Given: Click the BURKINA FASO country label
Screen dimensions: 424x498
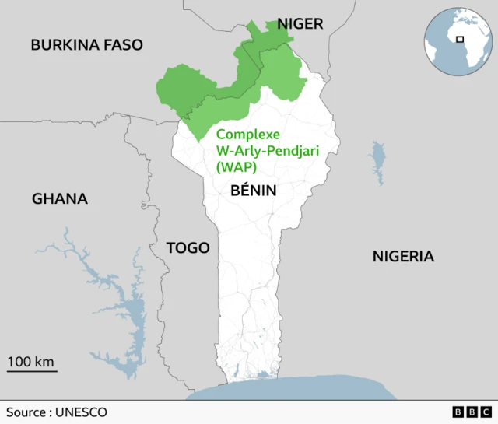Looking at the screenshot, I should coord(86,44).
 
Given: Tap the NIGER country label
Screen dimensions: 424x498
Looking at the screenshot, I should coord(300,24).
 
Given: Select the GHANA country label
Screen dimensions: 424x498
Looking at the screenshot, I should coord(59,199).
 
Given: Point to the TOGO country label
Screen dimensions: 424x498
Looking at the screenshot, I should coord(188,248).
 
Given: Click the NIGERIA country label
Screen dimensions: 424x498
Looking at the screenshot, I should coord(402,257).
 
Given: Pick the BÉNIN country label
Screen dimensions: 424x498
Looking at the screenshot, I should coord(253,190).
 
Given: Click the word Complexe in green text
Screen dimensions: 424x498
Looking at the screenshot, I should coord(247,134).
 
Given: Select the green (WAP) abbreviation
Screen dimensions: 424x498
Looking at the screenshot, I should coord(236,166).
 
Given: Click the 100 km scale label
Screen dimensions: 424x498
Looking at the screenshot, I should coord(31,361).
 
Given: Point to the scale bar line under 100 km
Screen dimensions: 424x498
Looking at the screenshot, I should coord(32,372).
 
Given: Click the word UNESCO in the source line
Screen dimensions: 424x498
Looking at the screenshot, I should coord(82,412).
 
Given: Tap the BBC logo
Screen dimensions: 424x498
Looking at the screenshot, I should coord(471,412).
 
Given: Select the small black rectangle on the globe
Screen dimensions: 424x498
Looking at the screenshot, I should coord(460,39).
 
